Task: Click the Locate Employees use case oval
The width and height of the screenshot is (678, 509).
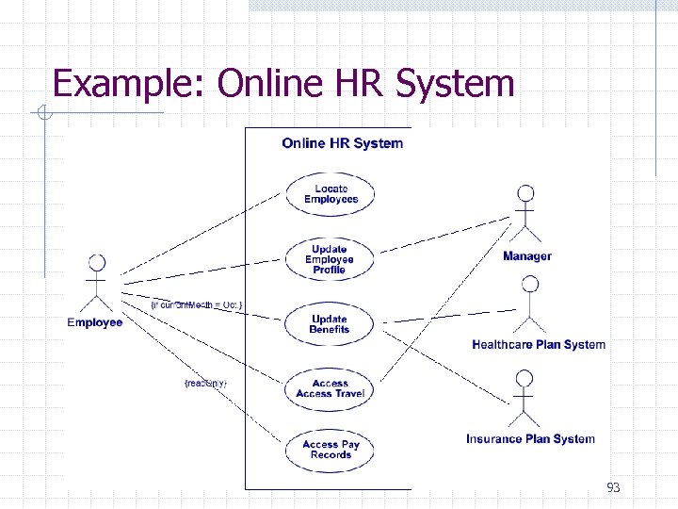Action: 331,194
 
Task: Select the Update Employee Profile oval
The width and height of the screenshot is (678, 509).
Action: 330,259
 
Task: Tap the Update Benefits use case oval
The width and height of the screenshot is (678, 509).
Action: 330,324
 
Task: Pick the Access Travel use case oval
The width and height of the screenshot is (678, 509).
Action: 330,388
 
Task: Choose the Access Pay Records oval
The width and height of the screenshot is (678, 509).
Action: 331,450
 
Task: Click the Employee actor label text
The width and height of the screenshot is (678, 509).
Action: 95,323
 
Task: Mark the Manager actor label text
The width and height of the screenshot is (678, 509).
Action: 527,256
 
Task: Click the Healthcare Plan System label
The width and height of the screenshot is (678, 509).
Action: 539,345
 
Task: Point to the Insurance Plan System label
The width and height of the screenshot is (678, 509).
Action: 530,439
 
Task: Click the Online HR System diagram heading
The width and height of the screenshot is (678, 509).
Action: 342,143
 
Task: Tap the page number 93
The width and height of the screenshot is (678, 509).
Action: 613,487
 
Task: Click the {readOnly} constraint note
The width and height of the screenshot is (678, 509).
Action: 205,383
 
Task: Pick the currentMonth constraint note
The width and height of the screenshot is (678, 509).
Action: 197,304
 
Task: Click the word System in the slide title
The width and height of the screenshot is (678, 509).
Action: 455,84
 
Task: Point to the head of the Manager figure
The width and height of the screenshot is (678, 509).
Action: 525,193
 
